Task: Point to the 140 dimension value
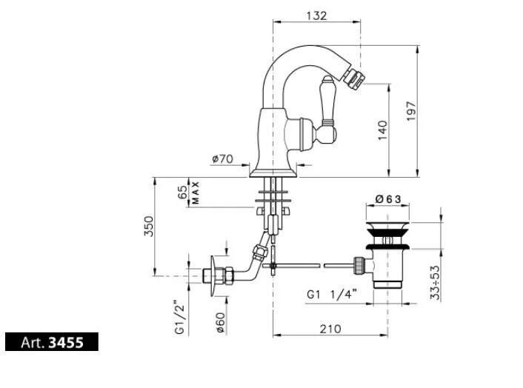[x=382, y=130]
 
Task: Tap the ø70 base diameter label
[x=222, y=158]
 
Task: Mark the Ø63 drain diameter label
[x=388, y=198]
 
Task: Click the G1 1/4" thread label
[x=332, y=294]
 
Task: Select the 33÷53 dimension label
[x=436, y=283]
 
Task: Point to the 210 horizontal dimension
[x=331, y=328]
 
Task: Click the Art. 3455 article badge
[x=51, y=342]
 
